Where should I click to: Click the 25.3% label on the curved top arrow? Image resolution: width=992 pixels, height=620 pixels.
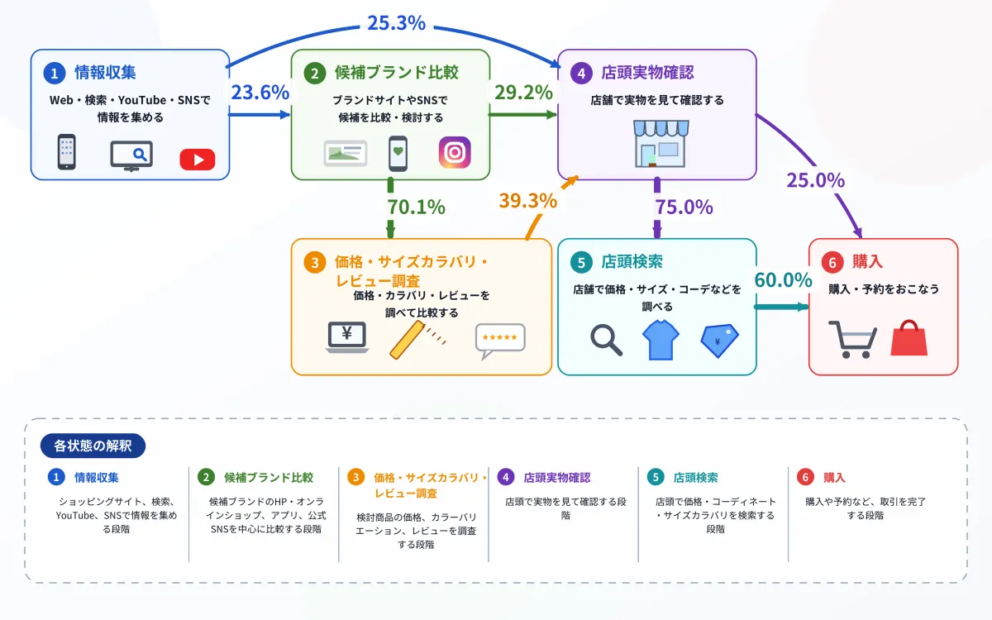coord(396,23)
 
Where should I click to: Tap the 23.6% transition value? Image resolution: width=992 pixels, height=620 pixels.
coord(260,92)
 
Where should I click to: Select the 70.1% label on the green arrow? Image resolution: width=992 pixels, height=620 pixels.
coord(417,207)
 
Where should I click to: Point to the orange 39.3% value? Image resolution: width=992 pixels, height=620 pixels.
coord(528,201)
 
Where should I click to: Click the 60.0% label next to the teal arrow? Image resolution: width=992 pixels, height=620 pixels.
coord(783,280)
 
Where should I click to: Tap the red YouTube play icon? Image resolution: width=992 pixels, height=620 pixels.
coord(198,160)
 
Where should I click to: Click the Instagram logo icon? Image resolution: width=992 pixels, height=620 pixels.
coord(455,152)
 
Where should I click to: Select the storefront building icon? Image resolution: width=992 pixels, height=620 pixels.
coord(661,144)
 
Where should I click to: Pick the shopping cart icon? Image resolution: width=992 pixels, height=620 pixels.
coord(852,340)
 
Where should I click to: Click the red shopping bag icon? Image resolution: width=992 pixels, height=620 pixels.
coord(909,338)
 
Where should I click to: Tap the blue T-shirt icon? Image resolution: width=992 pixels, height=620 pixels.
coord(661,340)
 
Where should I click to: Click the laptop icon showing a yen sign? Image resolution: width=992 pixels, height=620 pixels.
coord(347,337)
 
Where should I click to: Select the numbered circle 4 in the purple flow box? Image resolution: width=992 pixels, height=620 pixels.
coord(581,73)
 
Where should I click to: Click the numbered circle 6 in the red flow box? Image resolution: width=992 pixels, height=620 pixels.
coord(832,263)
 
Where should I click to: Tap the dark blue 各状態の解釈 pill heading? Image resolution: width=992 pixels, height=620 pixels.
coord(93,446)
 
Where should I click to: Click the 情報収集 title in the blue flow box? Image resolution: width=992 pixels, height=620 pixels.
coord(106,73)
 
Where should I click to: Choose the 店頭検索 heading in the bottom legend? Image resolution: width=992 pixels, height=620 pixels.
coord(696,478)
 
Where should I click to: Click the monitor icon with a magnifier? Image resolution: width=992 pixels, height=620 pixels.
coord(131,156)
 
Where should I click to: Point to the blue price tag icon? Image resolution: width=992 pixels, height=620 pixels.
coord(720,341)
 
